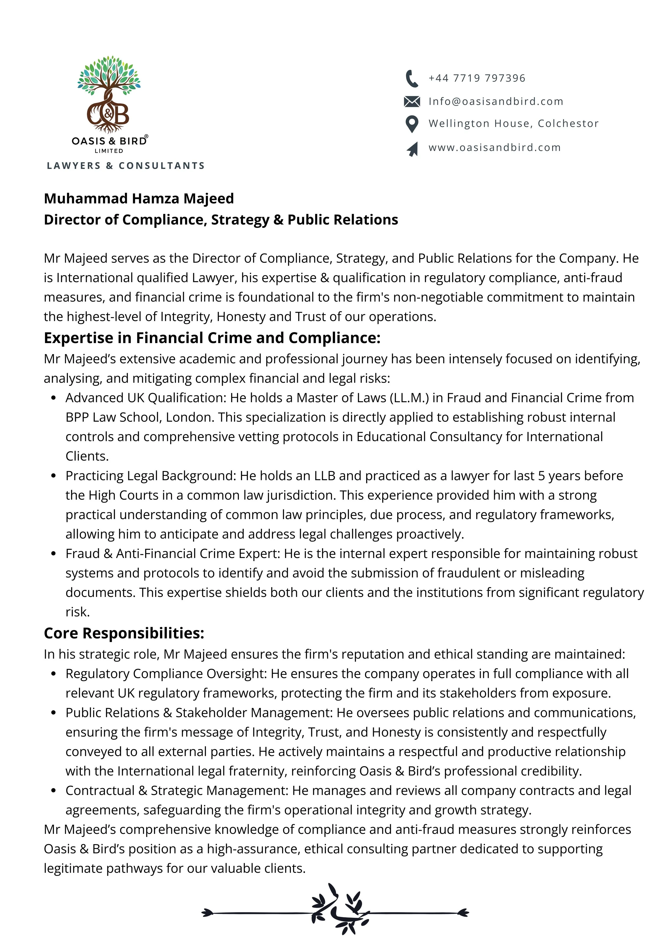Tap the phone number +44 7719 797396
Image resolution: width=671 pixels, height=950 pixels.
[x=477, y=78]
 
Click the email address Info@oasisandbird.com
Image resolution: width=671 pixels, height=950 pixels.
[x=496, y=101]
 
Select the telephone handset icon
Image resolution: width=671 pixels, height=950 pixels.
[x=411, y=79]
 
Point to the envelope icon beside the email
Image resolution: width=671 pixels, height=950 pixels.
[x=411, y=101]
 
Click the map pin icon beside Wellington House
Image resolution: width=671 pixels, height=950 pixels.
[x=411, y=124]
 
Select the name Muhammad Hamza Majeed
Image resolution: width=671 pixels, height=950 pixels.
[x=139, y=199]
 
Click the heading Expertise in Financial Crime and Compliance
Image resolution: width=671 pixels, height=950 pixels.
[x=212, y=338]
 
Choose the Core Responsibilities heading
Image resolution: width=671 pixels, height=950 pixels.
[x=124, y=634]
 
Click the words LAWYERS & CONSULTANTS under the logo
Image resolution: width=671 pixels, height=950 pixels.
[x=126, y=166]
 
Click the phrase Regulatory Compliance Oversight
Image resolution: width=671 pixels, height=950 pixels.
[x=166, y=674]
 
